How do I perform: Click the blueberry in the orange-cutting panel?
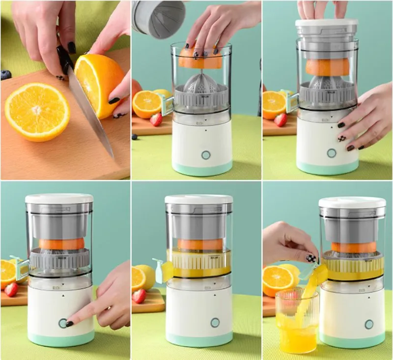(5, 75)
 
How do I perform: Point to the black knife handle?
(64, 60)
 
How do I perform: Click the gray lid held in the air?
(158, 19)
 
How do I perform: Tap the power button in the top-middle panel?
(206, 155)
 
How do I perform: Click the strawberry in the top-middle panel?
(156, 120)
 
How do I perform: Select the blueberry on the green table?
(135, 137)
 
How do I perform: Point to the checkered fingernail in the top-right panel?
(341, 139)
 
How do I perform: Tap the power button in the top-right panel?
(332, 153)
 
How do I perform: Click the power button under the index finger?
(63, 323)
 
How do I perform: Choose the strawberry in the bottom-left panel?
(11, 289)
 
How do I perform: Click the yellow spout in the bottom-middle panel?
(163, 271)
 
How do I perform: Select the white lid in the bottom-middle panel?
(198, 199)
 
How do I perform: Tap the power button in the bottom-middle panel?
(215, 323)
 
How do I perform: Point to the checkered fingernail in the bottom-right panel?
(310, 258)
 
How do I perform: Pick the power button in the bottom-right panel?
(368, 324)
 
